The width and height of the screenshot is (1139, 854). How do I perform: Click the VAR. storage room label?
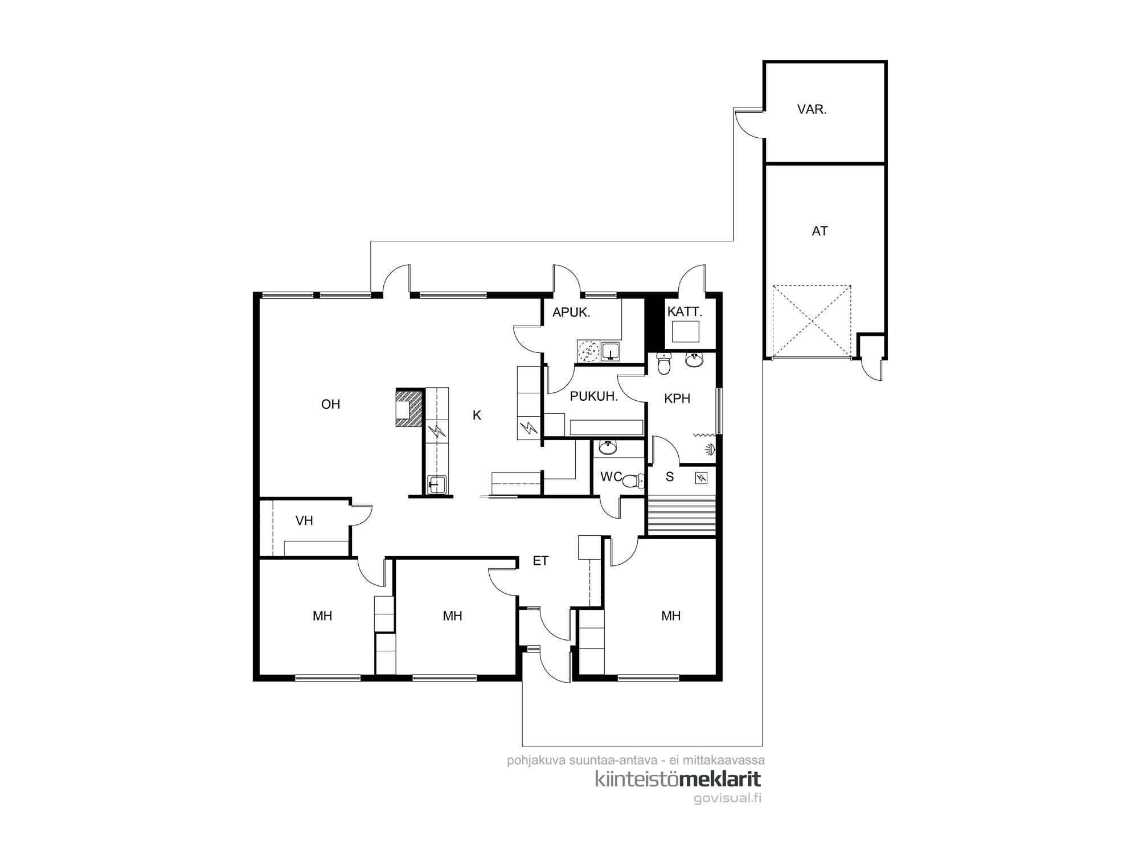[812, 110]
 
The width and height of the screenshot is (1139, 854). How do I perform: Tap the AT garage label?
[820, 231]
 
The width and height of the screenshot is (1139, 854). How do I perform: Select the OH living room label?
[330, 404]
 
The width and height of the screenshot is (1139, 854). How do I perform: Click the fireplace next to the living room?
[409, 408]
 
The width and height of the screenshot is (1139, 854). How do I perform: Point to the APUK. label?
[571, 312]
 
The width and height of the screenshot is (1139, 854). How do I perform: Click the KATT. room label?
[685, 312]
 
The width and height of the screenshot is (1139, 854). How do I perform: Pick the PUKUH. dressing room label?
[594, 397]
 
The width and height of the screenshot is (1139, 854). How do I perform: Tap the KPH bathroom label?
[677, 399]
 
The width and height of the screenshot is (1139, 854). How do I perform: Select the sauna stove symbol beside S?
[701, 478]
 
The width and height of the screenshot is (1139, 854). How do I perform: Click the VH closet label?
[304, 521]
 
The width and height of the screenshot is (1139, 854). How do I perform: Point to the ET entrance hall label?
[540, 561]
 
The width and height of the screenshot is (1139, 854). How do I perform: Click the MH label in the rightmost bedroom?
[671, 615]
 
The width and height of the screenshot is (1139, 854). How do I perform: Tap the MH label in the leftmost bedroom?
[322, 615]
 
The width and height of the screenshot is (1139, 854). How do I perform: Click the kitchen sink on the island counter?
[436, 484]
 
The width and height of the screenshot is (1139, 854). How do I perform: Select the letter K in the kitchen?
[477, 416]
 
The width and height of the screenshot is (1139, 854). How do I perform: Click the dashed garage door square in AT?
[812, 322]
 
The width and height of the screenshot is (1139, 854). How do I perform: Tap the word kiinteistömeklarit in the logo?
[678, 779]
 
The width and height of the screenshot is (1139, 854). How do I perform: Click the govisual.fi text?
[727, 798]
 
